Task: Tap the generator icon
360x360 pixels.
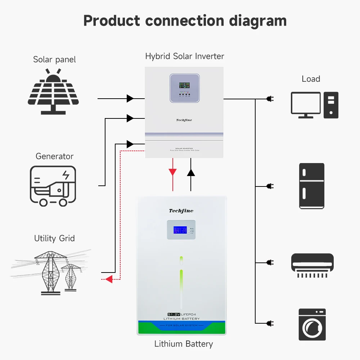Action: click(x=53, y=186)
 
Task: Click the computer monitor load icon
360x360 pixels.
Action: click(x=306, y=105)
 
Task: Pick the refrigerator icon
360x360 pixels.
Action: click(x=312, y=186)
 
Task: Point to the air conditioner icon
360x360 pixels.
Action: click(x=312, y=265)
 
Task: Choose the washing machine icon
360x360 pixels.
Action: click(x=312, y=324)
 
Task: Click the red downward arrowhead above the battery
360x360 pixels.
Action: click(x=173, y=172)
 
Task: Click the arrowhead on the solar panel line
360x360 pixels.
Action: click(x=130, y=98)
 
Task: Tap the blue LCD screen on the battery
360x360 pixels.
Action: click(x=180, y=231)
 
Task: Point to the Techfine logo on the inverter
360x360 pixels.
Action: click(x=184, y=120)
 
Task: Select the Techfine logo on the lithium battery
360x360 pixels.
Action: click(x=181, y=211)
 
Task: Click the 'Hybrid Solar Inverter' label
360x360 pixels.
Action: click(x=184, y=56)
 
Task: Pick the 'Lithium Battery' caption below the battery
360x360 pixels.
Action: click(x=184, y=344)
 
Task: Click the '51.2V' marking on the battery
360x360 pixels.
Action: click(x=175, y=314)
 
